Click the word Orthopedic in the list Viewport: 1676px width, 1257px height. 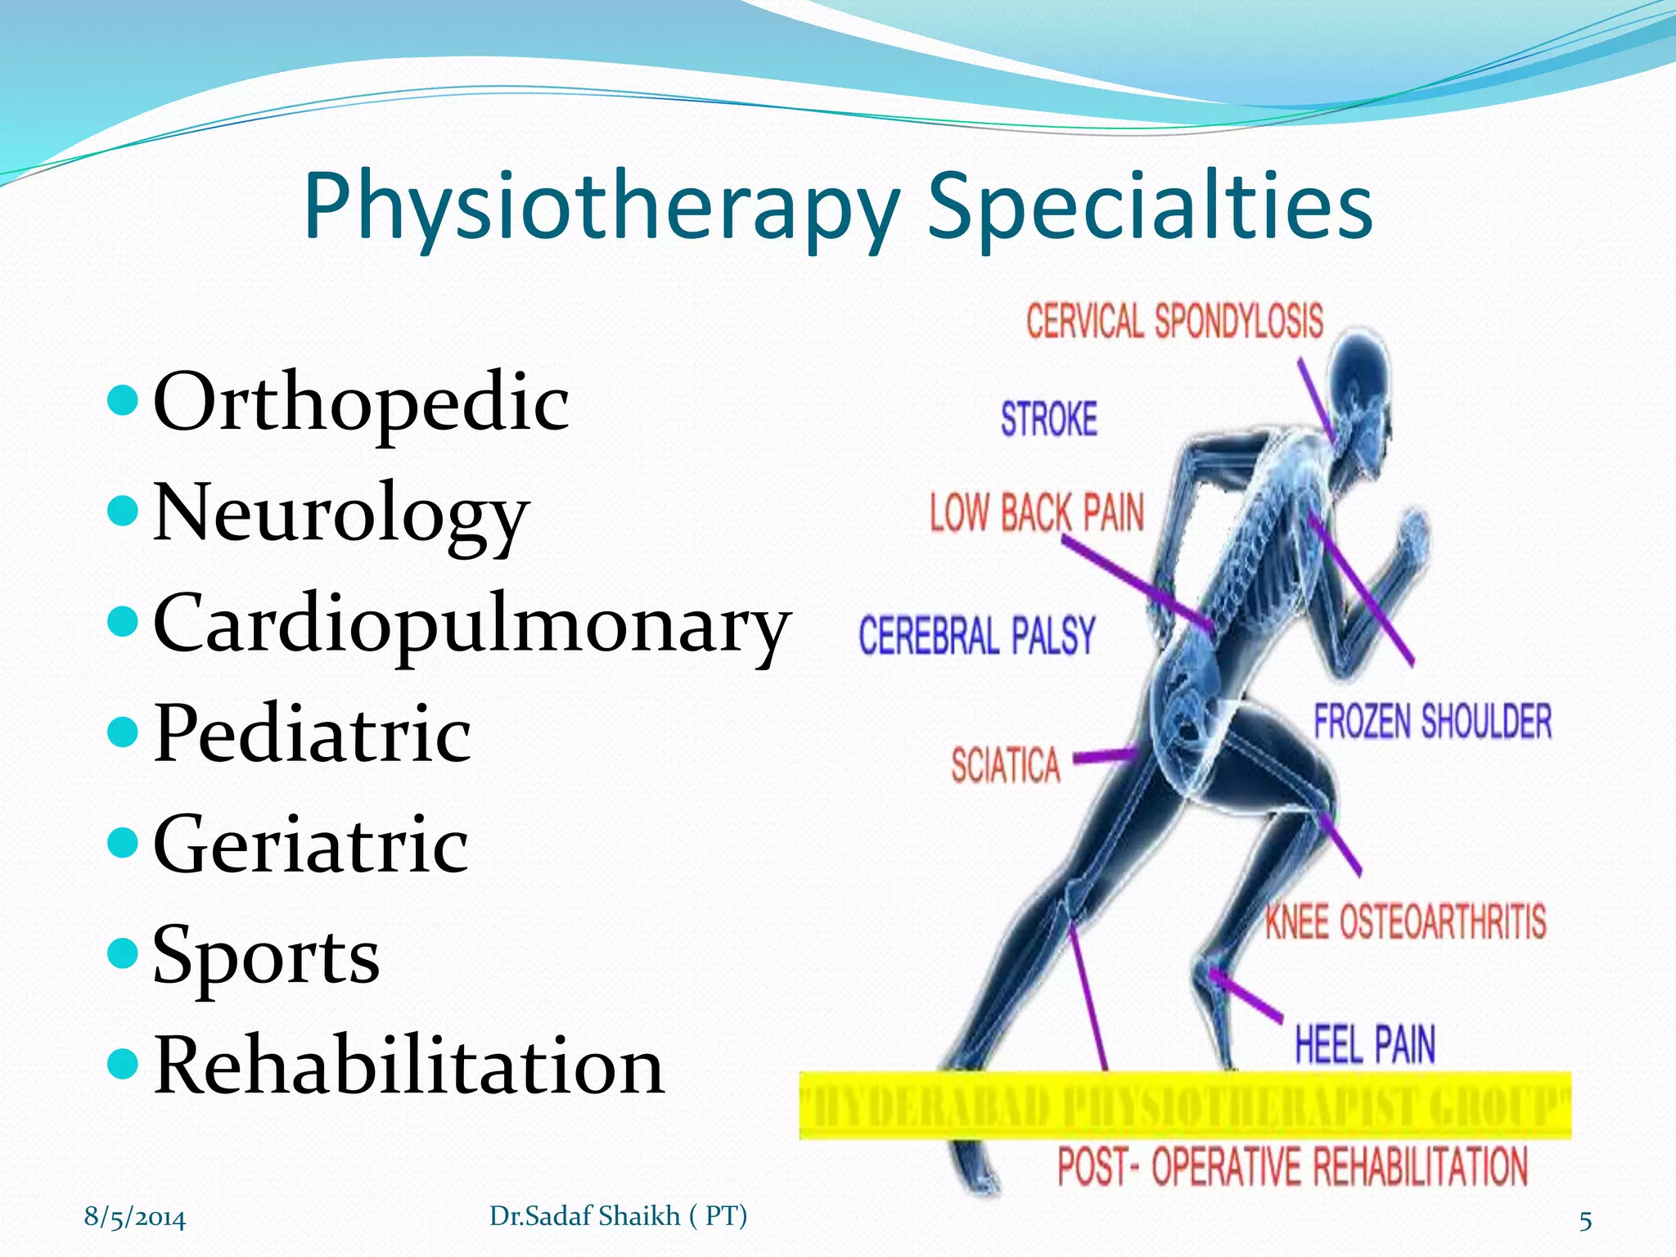coord(361,403)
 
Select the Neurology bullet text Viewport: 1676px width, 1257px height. coord(341,514)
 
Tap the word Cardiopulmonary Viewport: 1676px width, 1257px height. coord(471,624)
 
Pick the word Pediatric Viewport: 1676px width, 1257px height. coord(312,734)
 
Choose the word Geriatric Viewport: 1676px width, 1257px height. coord(310,845)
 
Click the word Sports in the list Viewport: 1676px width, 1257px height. coord(266,956)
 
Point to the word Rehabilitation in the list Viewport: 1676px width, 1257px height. coord(408,1066)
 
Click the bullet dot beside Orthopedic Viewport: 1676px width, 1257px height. coord(124,401)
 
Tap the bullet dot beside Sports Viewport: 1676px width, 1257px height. coord(124,953)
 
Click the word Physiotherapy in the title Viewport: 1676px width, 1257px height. coord(601,206)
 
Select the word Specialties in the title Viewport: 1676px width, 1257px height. coord(1149,206)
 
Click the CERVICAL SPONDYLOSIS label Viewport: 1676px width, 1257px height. coord(1174,321)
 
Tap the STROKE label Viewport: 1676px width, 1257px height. coord(1048,419)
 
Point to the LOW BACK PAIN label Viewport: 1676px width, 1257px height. coord(1036,513)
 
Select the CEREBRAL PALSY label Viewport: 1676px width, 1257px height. coord(976,636)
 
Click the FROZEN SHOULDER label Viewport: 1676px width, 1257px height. coord(1432,722)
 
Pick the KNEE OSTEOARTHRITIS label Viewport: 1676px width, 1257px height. coord(1405,922)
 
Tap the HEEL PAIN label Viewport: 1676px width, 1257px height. coord(1364,1045)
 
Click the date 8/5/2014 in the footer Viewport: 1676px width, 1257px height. coord(135,1218)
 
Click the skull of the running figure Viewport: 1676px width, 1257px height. coord(1358,376)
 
